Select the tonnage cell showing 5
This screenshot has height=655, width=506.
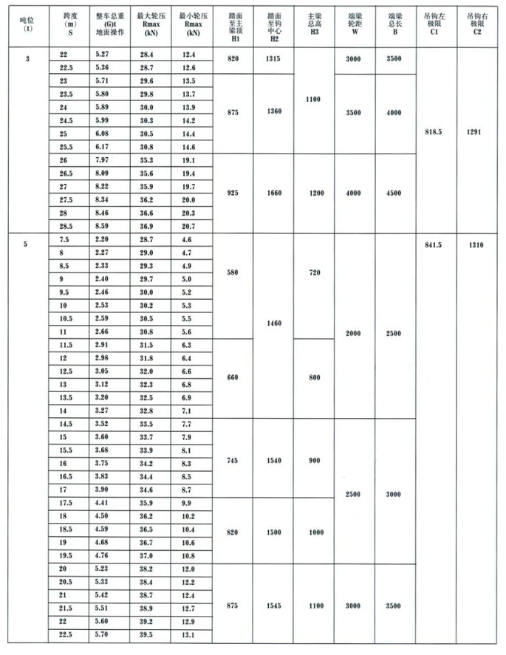[x=27, y=242]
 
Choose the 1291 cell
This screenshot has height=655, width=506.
[x=476, y=134]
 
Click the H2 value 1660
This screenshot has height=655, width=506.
[x=274, y=193]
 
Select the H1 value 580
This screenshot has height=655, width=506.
[x=233, y=272]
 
